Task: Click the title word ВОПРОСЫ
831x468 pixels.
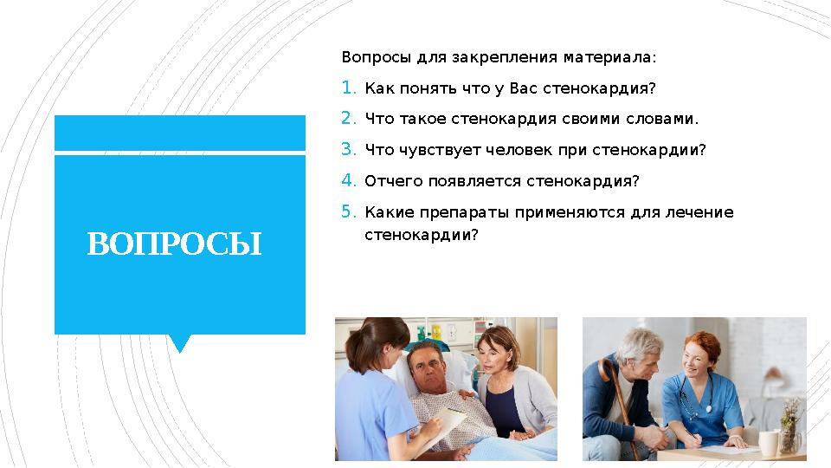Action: [x=174, y=245]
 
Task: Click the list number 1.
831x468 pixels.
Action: [x=347, y=88]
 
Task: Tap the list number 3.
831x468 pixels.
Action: [x=347, y=149]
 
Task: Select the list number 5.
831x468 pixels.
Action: [x=347, y=211]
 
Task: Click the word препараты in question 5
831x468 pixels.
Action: [x=465, y=212]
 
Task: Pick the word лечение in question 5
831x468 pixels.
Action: [x=705, y=212]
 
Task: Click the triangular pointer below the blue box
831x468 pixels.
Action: [x=180, y=343]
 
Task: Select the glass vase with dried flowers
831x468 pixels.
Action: [x=790, y=430]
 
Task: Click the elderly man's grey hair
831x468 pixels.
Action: [x=635, y=338]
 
